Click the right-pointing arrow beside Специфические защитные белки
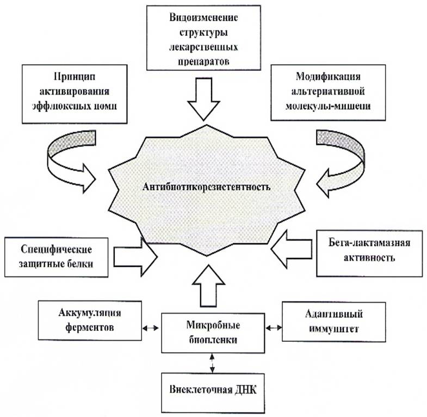coord(135,256)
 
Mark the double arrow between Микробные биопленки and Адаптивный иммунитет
coord(275,328)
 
